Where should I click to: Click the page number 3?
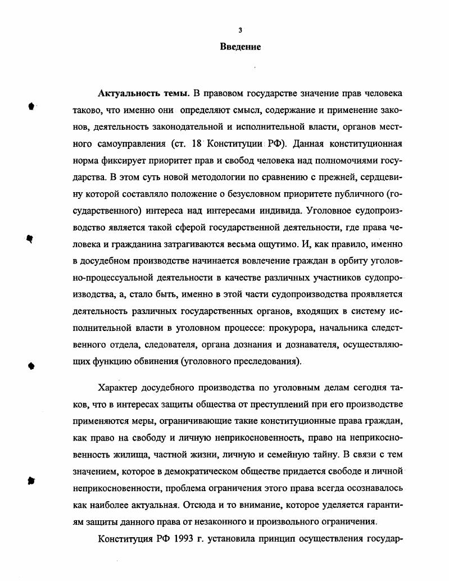point(240,30)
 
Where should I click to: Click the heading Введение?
point(240,47)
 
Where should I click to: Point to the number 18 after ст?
point(196,143)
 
